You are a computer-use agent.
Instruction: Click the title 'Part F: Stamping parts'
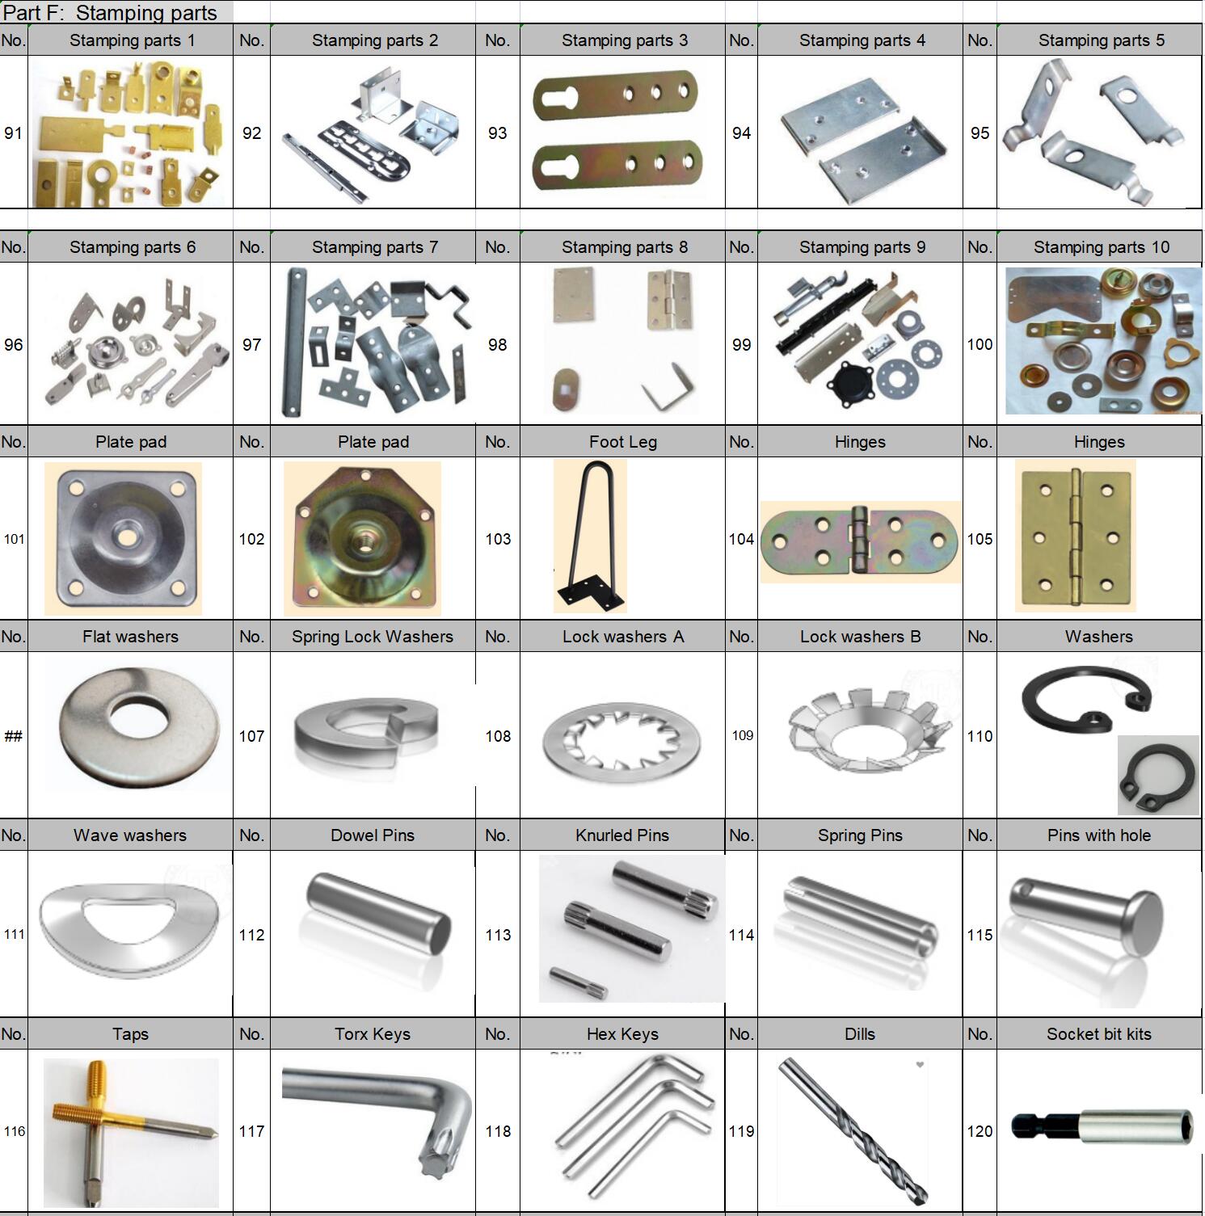point(111,13)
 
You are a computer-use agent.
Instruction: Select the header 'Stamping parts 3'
point(625,40)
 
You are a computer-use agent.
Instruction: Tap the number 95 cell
point(980,133)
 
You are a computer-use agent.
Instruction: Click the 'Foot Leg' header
point(623,442)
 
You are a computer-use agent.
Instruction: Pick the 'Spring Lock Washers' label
point(373,637)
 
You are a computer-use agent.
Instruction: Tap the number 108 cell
point(498,736)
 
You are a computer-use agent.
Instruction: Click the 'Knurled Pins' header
point(622,835)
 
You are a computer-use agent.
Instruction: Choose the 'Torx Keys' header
point(373,1034)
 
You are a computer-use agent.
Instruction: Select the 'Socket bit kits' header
point(1099,1034)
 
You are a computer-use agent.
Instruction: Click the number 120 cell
point(980,1131)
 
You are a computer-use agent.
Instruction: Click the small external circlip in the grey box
point(1148,777)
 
